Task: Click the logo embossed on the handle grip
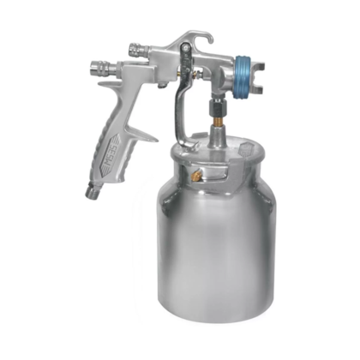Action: [109, 161]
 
